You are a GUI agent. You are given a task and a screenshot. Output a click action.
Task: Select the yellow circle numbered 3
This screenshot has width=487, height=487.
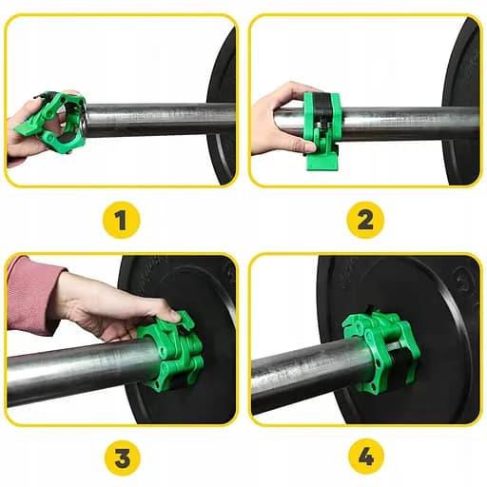coord(121,457)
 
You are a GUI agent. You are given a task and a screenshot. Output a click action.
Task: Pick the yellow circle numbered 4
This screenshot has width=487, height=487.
coord(364,457)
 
